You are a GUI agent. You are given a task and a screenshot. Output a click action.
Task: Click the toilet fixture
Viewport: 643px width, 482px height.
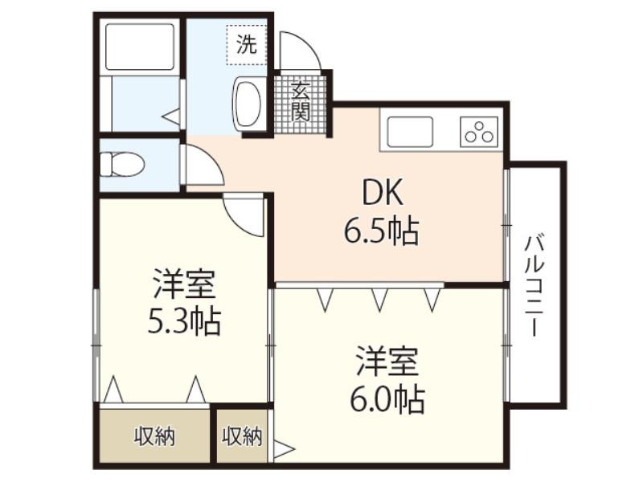point(122,165)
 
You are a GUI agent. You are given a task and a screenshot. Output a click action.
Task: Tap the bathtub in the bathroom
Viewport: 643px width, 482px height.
point(140,47)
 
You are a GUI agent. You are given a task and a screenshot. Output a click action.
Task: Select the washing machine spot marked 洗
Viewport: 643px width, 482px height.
point(247,44)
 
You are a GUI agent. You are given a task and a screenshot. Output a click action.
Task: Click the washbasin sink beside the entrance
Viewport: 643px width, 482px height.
point(248,102)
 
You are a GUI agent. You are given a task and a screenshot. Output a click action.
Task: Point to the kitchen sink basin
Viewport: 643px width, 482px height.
point(410,132)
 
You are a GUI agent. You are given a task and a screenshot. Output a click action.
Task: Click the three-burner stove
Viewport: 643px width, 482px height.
point(479,132)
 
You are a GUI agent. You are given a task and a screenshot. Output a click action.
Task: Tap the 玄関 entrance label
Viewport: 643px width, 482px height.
point(301,100)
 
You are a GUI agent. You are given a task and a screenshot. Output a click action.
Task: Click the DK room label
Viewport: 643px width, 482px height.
point(383,192)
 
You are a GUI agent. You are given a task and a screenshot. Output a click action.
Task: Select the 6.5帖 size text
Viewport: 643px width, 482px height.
point(381,231)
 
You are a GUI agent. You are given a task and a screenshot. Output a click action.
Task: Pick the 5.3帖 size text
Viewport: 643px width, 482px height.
point(185,321)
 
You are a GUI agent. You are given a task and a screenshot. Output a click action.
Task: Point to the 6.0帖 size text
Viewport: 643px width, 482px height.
point(387,399)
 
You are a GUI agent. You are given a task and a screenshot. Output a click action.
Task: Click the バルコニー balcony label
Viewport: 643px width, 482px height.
point(534,285)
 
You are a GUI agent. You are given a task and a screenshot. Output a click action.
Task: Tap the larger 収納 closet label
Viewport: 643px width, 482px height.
point(155,436)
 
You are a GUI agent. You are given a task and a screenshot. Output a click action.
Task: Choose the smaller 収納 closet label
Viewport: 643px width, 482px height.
point(242,436)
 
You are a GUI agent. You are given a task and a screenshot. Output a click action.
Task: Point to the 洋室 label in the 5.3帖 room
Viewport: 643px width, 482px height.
point(185,284)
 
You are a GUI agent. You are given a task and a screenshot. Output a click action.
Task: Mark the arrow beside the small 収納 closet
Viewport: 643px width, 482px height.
point(284,449)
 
